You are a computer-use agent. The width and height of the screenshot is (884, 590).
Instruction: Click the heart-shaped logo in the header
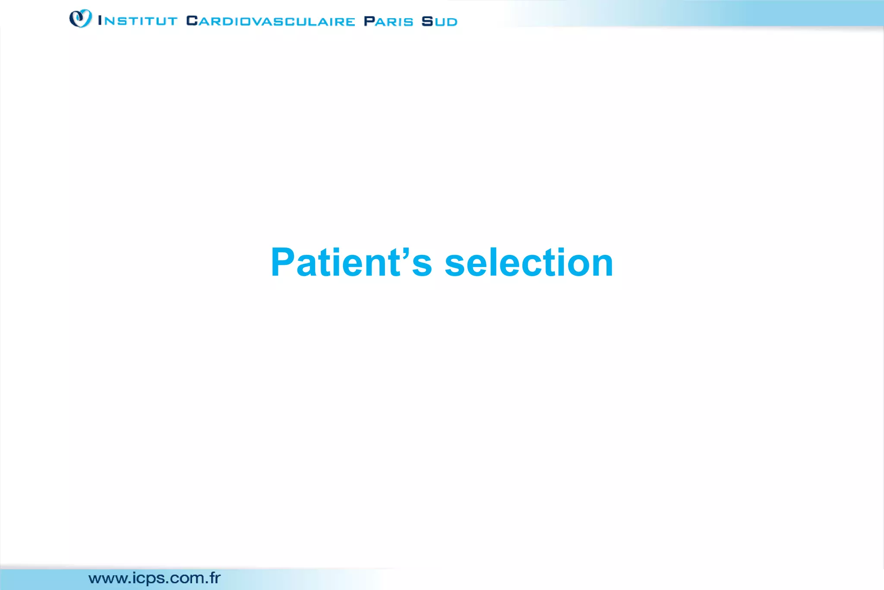tap(80, 19)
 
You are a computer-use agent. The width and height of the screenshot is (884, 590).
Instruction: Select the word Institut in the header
tap(138, 21)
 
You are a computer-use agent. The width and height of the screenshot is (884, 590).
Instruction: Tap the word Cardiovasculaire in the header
tap(271, 21)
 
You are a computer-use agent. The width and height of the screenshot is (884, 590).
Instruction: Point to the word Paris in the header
tap(388, 21)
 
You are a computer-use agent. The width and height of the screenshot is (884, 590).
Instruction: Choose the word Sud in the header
tap(439, 21)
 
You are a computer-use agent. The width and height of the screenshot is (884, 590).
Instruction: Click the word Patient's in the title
tap(351, 262)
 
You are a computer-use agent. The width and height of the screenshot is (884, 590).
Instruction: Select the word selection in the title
tap(529, 262)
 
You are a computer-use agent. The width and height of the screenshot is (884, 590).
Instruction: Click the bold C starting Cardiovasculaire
tap(192, 21)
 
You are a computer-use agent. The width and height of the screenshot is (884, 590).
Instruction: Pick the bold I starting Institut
tap(100, 20)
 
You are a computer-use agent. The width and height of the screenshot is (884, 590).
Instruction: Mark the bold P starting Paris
tap(369, 21)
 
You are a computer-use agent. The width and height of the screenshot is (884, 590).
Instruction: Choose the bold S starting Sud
tap(427, 21)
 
